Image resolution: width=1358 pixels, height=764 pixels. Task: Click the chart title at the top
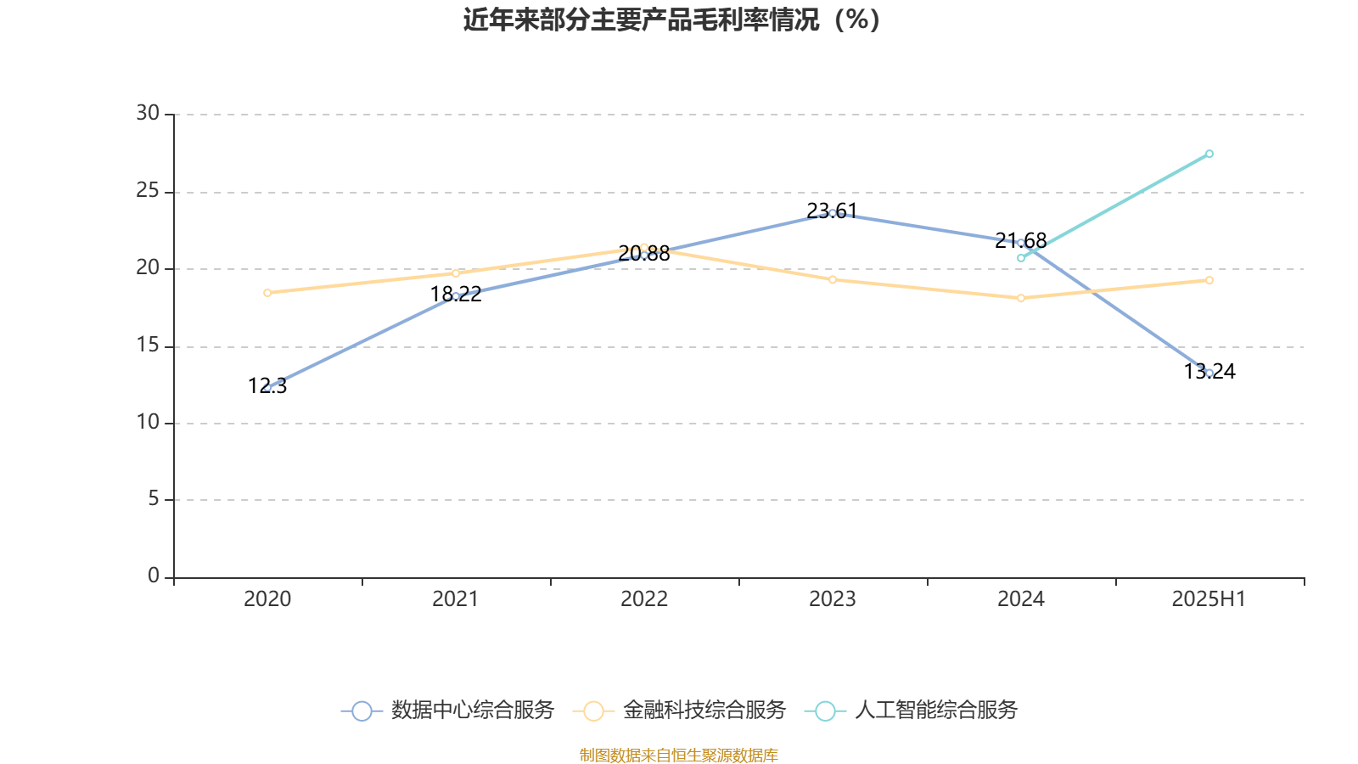[672, 20]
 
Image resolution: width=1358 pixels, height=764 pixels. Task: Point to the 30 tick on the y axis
[148, 114]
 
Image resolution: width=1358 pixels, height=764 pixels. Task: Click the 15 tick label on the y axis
[148, 345]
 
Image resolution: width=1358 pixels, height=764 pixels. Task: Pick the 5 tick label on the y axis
[154, 499]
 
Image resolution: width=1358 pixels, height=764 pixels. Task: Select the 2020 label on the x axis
[267, 599]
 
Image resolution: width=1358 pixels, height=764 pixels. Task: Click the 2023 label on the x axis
[833, 599]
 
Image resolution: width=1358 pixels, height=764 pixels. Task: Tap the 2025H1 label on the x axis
[1209, 599]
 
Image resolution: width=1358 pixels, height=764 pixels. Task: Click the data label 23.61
[832, 211]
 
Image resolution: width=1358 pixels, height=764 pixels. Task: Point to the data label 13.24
[1209, 371]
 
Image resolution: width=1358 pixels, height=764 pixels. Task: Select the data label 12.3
[267, 386]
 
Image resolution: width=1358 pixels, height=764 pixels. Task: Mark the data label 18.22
[456, 295]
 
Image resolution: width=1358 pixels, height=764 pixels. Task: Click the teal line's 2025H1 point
[1209, 154]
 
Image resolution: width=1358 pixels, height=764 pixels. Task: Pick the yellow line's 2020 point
[267, 293]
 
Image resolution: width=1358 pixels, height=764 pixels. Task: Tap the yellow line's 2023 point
[833, 279]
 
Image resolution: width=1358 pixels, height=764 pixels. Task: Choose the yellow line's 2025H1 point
[1209, 280]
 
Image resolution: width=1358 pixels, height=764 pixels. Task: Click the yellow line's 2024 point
[1021, 298]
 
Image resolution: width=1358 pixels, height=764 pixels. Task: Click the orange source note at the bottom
[678, 755]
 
